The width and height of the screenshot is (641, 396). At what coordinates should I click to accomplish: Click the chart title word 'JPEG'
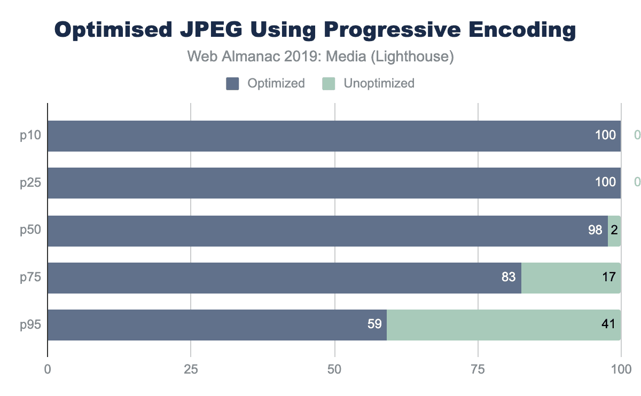pyautogui.click(x=197, y=30)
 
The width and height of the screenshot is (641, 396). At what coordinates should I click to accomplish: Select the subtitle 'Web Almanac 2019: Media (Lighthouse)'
pyautogui.click(x=320, y=57)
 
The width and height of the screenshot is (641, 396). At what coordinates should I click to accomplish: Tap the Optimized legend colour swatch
pyautogui.click(x=232, y=83)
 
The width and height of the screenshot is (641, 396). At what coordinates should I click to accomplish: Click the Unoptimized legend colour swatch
pyautogui.click(x=329, y=83)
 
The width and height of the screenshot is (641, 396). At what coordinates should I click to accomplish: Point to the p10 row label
pyautogui.click(x=31, y=136)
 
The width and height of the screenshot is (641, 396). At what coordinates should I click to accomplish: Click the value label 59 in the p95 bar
pyautogui.click(x=374, y=324)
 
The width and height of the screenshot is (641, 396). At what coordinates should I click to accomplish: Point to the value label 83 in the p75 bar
pyautogui.click(x=509, y=278)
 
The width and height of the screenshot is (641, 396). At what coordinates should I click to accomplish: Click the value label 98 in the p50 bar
pyautogui.click(x=595, y=231)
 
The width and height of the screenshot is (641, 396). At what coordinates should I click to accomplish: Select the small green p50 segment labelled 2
pyautogui.click(x=614, y=231)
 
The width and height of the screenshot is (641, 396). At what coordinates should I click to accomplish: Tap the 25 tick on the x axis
pyautogui.click(x=191, y=369)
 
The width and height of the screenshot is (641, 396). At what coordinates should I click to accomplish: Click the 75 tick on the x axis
pyautogui.click(x=478, y=369)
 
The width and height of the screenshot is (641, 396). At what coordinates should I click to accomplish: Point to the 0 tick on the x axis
pyautogui.click(x=48, y=369)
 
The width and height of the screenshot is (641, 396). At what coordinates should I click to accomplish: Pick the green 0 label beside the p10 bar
pyautogui.click(x=637, y=136)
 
